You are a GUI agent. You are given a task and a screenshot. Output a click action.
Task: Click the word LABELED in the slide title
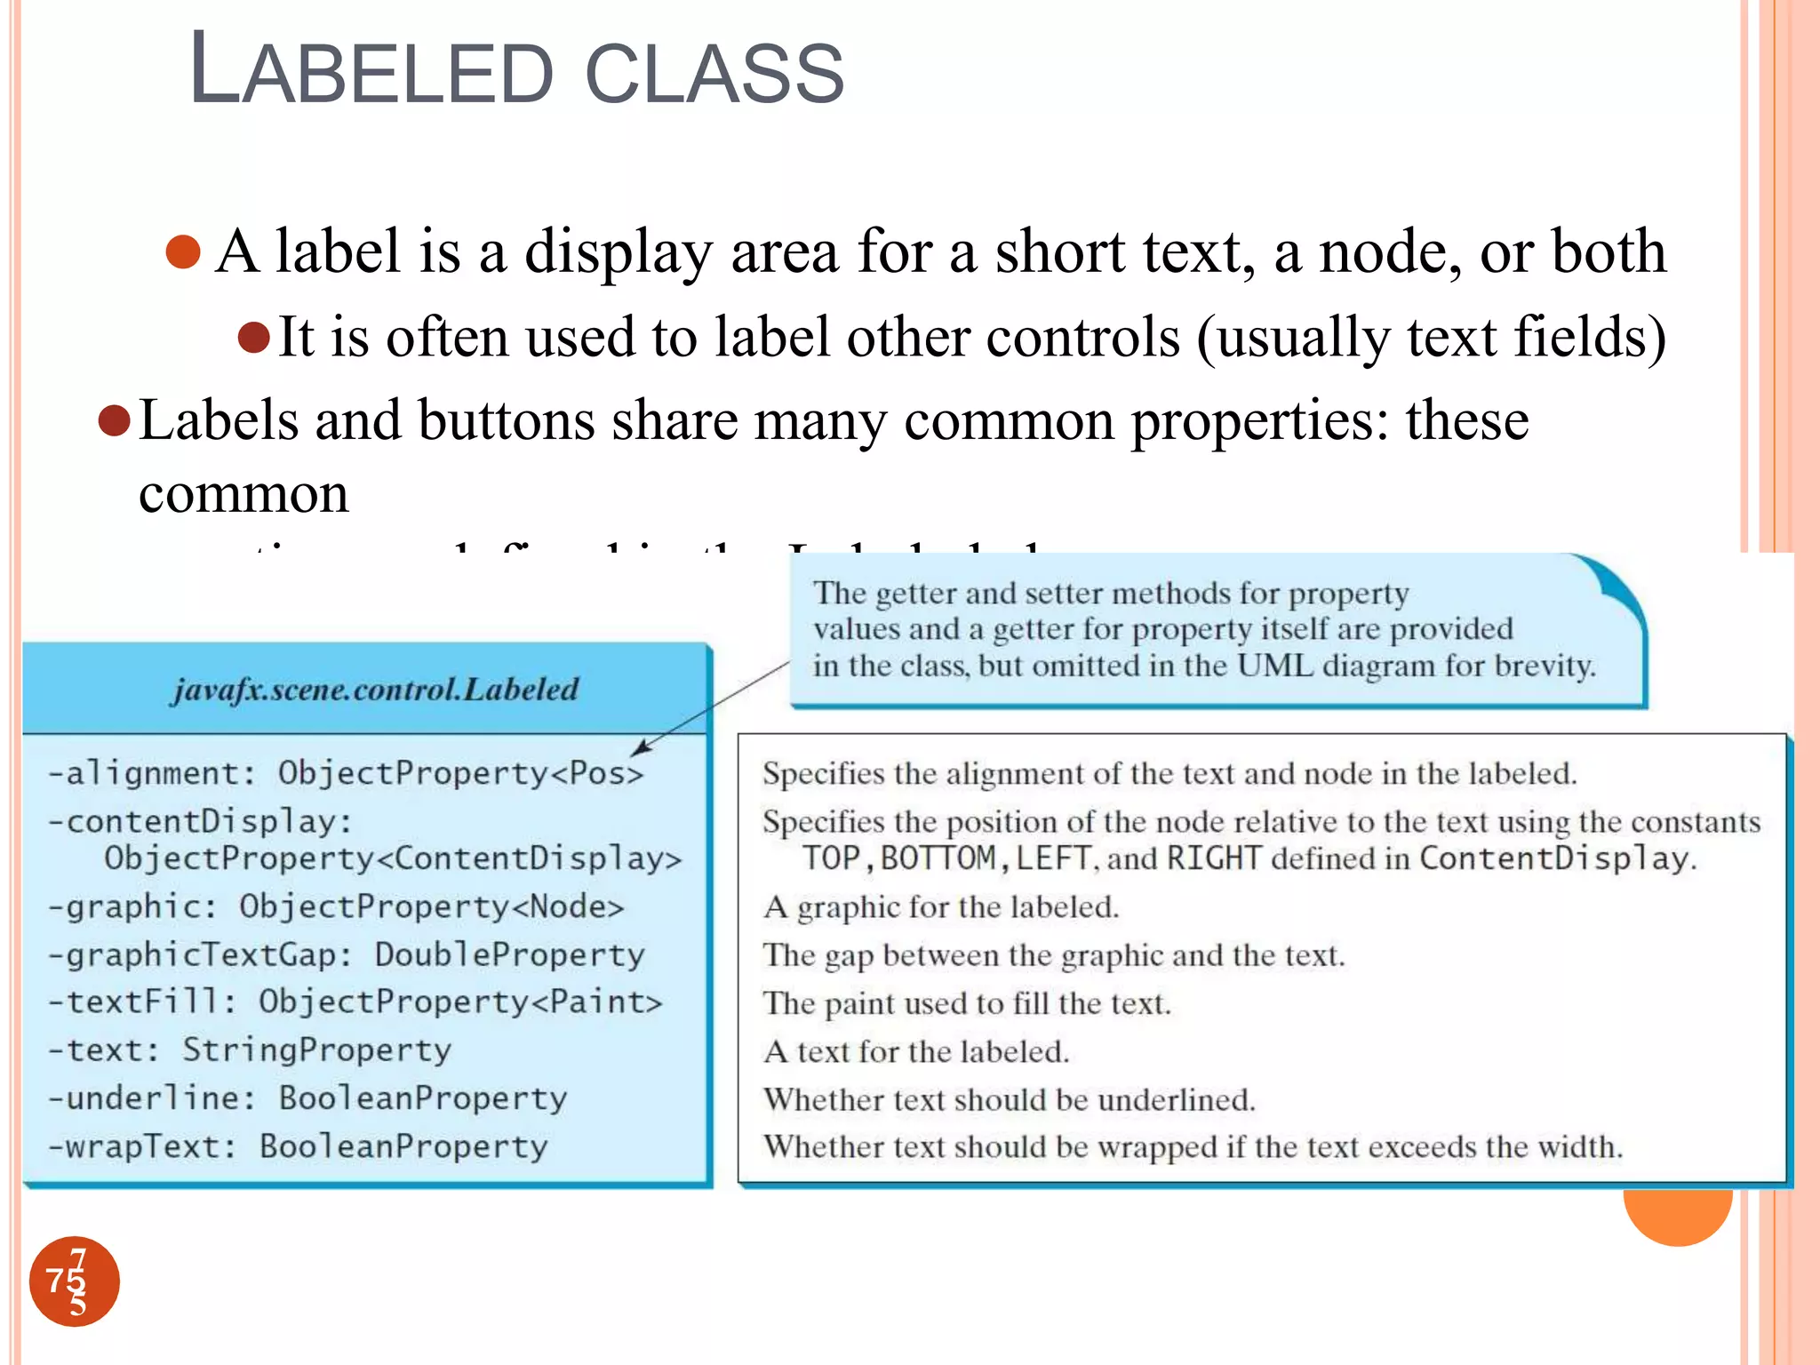[371, 75]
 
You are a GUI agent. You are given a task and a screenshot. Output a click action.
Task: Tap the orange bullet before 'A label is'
[183, 251]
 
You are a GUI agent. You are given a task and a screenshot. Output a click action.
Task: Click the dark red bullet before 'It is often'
[254, 338]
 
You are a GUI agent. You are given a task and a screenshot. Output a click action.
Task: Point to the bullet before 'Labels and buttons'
[115, 420]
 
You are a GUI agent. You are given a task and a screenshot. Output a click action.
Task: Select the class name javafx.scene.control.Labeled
[375, 690]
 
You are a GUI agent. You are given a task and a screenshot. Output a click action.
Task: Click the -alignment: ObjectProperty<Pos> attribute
[346, 773]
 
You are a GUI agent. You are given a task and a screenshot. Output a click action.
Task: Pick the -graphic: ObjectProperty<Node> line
[336, 906]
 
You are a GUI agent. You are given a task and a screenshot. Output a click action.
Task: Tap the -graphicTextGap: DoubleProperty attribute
[346, 954]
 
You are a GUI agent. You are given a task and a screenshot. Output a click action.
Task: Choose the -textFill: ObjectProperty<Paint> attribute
[355, 1002]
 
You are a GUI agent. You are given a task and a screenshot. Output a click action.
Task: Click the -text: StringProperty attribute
[250, 1050]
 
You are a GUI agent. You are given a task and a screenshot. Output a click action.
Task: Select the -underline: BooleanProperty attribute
[307, 1098]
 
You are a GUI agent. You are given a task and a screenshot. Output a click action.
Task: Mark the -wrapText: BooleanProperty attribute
[298, 1146]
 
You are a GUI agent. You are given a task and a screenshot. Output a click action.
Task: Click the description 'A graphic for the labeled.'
[941, 907]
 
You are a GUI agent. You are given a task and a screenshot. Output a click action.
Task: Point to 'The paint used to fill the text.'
[967, 1003]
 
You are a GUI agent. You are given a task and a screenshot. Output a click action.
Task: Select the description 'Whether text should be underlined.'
[1009, 1100]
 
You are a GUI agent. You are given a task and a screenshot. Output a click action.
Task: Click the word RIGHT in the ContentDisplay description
[1213, 858]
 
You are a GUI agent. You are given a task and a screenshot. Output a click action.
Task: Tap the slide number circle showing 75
[75, 1281]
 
